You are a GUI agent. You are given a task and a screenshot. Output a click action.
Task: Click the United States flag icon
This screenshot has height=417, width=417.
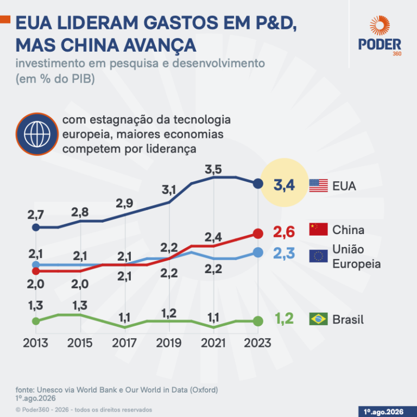coord(318,186)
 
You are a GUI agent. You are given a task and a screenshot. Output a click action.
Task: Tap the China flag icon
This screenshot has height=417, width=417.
coord(318,229)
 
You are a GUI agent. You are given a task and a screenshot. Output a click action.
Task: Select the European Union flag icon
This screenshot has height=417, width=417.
coord(318,256)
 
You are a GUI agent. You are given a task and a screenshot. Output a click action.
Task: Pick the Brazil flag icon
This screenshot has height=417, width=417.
coord(318,319)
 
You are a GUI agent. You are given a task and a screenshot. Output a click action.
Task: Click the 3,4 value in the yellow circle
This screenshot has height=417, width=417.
coord(284,185)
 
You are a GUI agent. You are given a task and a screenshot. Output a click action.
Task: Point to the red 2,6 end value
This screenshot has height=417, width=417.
coord(284,232)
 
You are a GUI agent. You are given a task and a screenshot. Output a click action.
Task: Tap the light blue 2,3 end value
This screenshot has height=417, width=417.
coord(284,253)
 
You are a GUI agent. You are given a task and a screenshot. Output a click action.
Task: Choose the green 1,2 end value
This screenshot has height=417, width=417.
coord(284,319)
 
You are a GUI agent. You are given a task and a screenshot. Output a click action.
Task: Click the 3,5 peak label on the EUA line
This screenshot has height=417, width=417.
coord(213,169)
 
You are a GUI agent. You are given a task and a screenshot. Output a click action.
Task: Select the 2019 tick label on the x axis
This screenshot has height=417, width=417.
coord(169,343)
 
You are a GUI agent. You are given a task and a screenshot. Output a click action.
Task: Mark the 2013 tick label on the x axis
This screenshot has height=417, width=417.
coord(35,343)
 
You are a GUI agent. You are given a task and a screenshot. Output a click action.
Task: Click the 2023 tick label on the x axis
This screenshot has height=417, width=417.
coord(257,343)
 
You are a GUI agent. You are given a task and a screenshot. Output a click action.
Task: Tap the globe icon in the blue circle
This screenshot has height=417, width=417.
coord(37,134)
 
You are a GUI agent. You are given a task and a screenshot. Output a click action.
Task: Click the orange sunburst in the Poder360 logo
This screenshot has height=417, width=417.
coord(380,26)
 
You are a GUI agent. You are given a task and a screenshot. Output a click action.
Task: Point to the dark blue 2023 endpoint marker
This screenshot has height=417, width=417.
coord(258,184)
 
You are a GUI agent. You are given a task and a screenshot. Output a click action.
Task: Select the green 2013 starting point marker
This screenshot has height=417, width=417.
coord(36,321)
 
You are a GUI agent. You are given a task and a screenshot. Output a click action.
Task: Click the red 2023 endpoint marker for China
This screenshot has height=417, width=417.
coord(258,234)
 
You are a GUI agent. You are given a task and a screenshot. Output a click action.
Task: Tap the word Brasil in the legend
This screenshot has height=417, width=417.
coord(348,319)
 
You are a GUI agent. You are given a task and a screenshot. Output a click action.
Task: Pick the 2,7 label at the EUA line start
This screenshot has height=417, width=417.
coord(36,215)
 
